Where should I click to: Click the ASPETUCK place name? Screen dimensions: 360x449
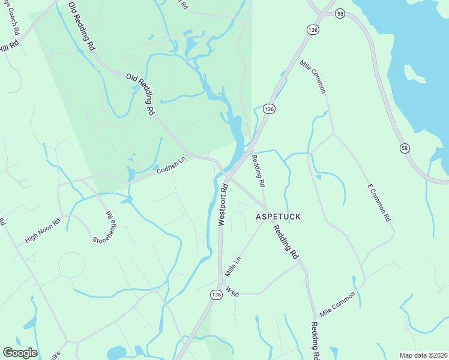(x=278, y=216)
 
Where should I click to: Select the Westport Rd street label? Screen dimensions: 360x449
(x=223, y=204)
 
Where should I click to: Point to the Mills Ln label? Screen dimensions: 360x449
(x=232, y=267)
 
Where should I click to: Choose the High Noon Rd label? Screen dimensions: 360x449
(x=43, y=230)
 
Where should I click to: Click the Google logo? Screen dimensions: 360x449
(x=20, y=353)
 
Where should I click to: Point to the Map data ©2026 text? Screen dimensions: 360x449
(x=423, y=355)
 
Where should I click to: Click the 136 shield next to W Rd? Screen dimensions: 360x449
(x=216, y=295)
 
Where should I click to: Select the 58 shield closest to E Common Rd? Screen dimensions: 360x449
(x=405, y=148)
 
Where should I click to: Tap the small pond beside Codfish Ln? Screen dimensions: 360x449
(x=131, y=174)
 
